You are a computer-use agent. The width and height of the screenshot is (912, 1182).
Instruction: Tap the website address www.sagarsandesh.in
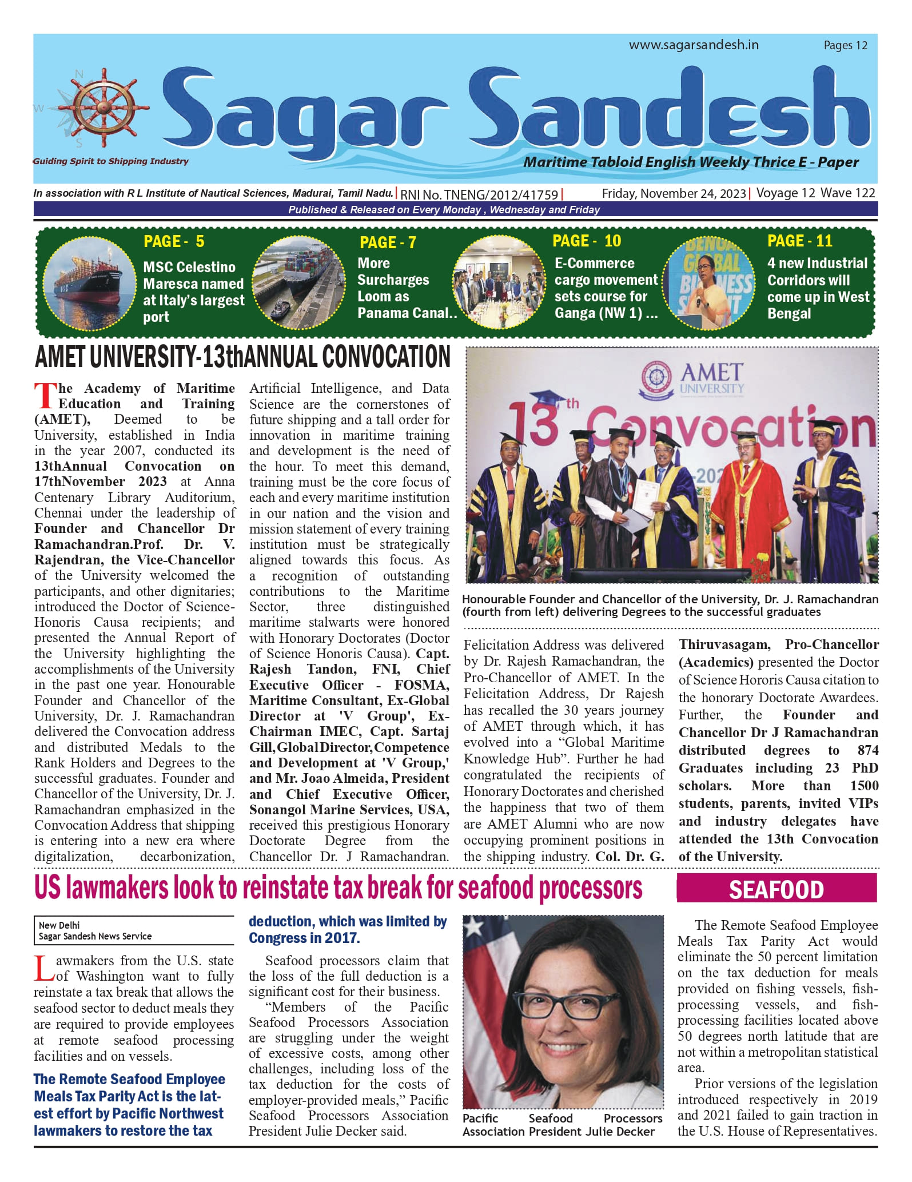pyautogui.click(x=693, y=45)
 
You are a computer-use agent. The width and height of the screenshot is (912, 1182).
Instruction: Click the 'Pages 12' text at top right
pyautogui.click(x=845, y=45)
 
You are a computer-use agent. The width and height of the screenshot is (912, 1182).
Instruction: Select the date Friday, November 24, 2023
pyautogui.click(x=674, y=194)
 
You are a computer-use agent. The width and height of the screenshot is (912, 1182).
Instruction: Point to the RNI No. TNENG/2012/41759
pyautogui.click(x=479, y=194)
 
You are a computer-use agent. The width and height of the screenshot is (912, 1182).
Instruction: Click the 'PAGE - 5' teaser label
pyautogui.click(x=174, y=241)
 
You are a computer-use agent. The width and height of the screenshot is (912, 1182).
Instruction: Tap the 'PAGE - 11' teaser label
pyautogui.click(x=799, y=241)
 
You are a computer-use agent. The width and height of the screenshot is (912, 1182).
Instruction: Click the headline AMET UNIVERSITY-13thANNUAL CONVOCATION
pyautogui.click(x=242, y=357)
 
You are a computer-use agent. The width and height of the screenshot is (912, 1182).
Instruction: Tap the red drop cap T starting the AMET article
pyautogui.click(x=45, y=396)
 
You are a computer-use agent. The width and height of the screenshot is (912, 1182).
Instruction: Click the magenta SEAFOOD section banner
pyautogui.click(x=776, y=890)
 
